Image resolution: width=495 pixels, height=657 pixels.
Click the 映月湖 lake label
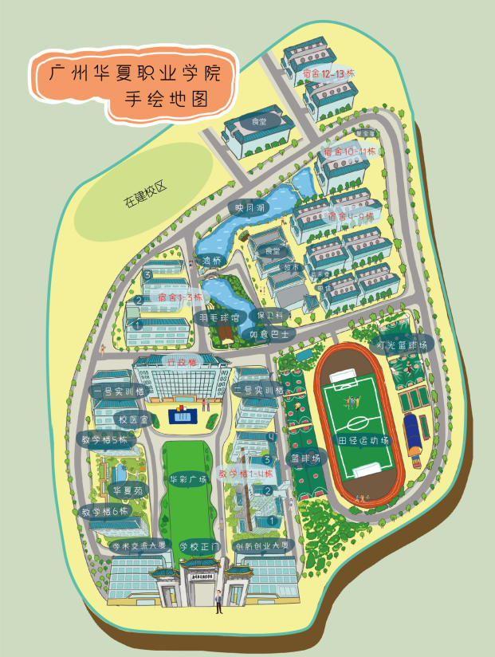click(x=249, y=208)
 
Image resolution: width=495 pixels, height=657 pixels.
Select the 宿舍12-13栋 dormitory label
click(x=328, y=74)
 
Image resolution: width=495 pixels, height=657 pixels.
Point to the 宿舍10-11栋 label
click(x=350, y=151)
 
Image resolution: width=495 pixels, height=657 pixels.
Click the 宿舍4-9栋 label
click(x=351, y=216)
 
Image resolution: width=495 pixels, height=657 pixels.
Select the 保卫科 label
click(x=281, y=315)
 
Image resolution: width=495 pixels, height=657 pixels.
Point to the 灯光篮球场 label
click(x=402, y=345)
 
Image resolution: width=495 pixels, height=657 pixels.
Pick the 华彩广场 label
click(x=188, y=479)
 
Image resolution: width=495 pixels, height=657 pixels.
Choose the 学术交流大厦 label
click(x=139, y=545)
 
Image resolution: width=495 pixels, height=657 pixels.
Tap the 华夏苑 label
click(x=127, y=490)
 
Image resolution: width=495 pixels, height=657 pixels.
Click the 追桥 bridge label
click(x=212, y=260)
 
